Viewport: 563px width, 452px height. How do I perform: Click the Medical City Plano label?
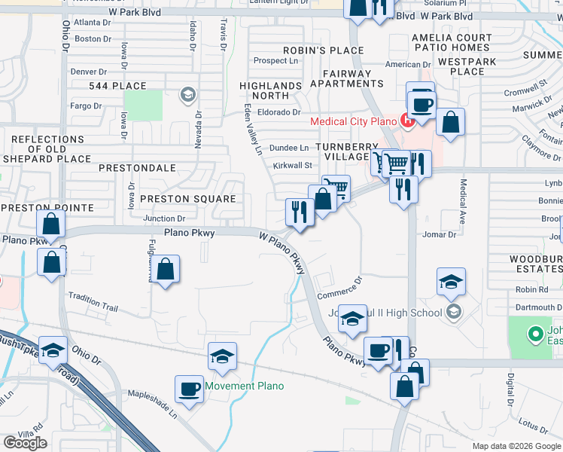click(353, 122)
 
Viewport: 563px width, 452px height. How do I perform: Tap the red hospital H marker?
click(407, 119)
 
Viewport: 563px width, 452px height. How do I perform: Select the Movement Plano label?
click(245, 386)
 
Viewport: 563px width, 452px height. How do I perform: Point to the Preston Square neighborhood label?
click(189, 199)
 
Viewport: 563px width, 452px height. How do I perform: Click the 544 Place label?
click(117, 86)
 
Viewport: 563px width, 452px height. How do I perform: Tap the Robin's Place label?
click(323, 50)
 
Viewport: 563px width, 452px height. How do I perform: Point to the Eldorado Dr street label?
click(279, 112)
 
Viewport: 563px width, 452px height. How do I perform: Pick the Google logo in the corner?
click(26, 443)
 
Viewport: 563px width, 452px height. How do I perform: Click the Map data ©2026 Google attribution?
click(516, 446)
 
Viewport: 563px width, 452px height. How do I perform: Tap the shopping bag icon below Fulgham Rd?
click(166, 269)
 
